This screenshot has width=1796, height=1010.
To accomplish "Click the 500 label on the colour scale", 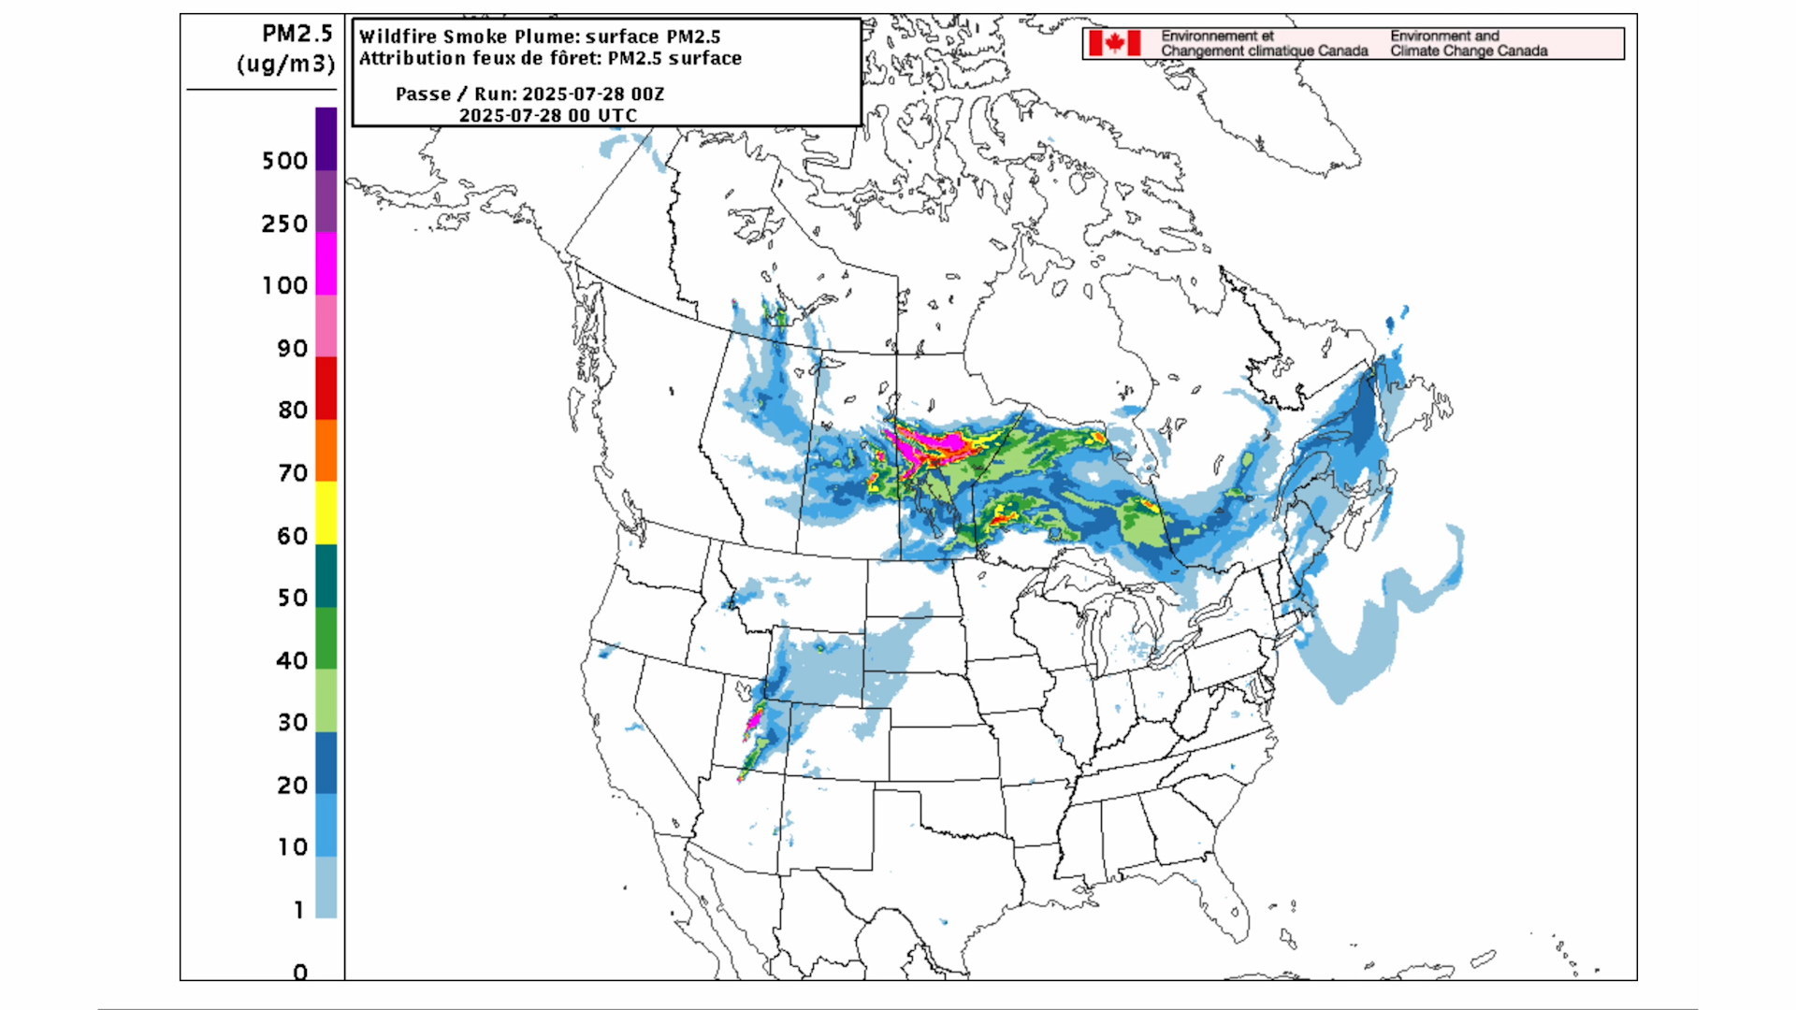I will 284,161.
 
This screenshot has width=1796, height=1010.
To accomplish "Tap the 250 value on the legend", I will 284,224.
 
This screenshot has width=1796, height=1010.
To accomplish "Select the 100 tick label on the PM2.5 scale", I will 284,285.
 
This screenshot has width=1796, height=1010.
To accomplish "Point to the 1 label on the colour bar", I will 298,910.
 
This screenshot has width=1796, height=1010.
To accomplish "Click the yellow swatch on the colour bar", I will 326,512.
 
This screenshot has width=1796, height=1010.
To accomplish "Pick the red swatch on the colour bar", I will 326,388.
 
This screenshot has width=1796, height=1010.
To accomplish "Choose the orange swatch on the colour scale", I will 326,450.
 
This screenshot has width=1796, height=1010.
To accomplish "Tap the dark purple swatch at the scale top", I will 326,138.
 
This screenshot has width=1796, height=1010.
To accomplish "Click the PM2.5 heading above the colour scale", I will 297,34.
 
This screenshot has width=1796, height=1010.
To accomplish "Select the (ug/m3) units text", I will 285,64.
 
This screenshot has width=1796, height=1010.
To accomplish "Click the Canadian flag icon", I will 1114,43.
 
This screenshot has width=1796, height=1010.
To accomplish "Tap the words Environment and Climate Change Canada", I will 1468,43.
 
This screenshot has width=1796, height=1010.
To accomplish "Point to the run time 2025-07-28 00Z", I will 593,94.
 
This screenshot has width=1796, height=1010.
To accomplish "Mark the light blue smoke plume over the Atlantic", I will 1356,645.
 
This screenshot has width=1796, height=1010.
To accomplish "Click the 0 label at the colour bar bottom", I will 299,972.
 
